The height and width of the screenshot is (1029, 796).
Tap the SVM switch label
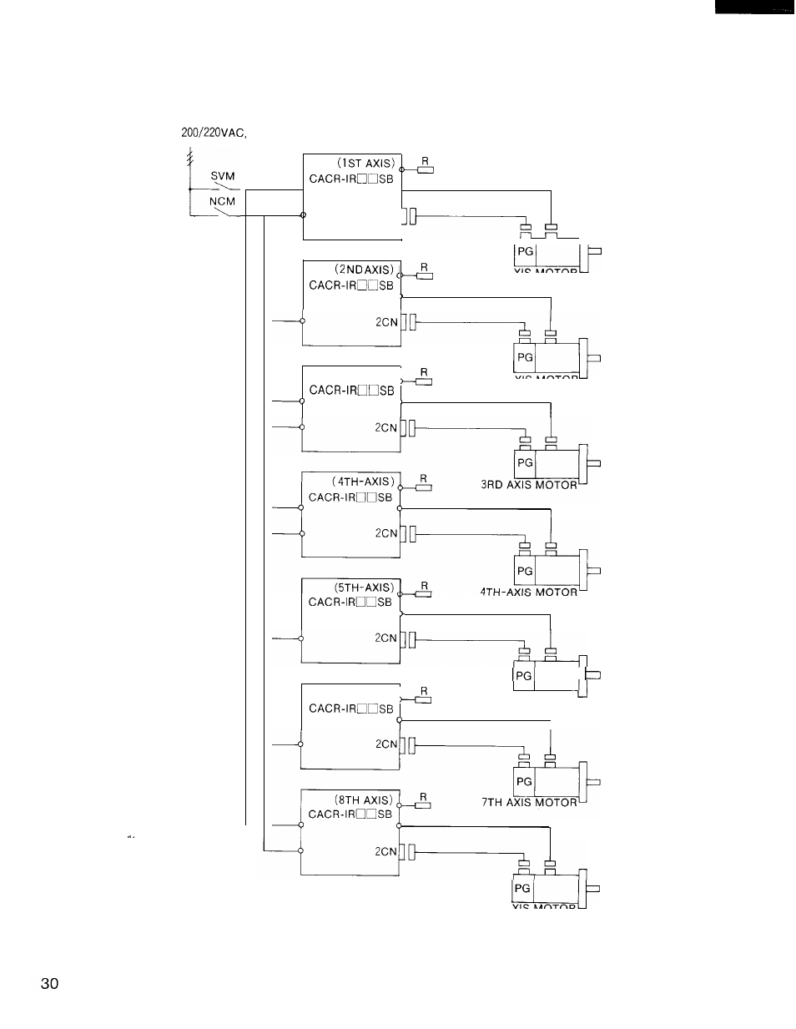tap(223, 176)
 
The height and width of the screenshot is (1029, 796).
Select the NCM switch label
tap(222, 201)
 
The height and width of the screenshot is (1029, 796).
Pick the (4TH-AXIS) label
tap(363, 482)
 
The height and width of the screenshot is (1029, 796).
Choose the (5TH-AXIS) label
tap(363, 587)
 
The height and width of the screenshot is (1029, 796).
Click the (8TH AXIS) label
tap(363, 799)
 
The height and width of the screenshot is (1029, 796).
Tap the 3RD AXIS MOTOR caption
tap(529, 485)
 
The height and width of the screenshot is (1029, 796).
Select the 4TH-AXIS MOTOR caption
tap(528, 592)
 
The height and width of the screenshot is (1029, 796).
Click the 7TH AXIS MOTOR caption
tap(529, 802)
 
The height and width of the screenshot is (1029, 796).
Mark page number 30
tap(50, 984)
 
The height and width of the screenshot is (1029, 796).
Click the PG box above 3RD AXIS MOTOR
tap(525, 462)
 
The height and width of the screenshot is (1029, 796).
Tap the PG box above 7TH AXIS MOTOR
tap(524, 781)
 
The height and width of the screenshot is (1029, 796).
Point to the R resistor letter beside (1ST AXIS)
tap(425, 160)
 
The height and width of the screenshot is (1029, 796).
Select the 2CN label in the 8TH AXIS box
tap(386, 852)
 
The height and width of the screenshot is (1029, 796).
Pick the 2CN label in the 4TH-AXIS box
tap(386, 533)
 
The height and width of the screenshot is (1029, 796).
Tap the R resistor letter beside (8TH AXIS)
tap(423, 797)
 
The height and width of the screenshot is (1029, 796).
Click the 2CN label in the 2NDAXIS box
tap(387, 321)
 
